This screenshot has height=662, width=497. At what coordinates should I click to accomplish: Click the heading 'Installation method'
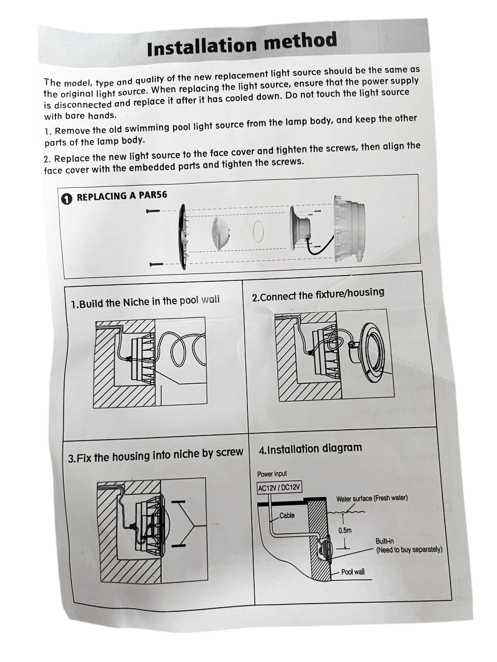[x=242, y=43]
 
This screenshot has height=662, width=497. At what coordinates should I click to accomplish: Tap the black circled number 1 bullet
[x=67, y=199]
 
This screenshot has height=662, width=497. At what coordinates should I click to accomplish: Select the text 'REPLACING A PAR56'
[x=122, y=196]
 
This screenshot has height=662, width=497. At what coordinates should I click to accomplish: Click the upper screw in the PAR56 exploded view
[x=153, y=211]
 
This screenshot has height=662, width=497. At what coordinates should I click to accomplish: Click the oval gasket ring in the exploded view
[x=258, y=231]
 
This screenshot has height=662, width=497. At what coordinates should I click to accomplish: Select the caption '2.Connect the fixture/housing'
[x=318, y=294]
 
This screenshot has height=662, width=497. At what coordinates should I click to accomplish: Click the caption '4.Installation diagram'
[x=310, y=448]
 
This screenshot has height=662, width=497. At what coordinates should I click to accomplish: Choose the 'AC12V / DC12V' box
[x=279, y=488]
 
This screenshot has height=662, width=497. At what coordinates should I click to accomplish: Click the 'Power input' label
[x=272, y=474]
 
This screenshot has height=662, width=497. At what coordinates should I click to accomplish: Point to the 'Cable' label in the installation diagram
[x=287, y=515]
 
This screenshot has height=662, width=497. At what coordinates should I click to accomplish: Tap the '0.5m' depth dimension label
[x=345, y=530]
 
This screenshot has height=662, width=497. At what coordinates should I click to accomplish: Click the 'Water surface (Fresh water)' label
[x=372, y=499]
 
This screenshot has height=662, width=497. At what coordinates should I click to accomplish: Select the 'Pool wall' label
[x=353, y=571]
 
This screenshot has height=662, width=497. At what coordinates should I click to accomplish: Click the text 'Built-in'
[x=385, y=541]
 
